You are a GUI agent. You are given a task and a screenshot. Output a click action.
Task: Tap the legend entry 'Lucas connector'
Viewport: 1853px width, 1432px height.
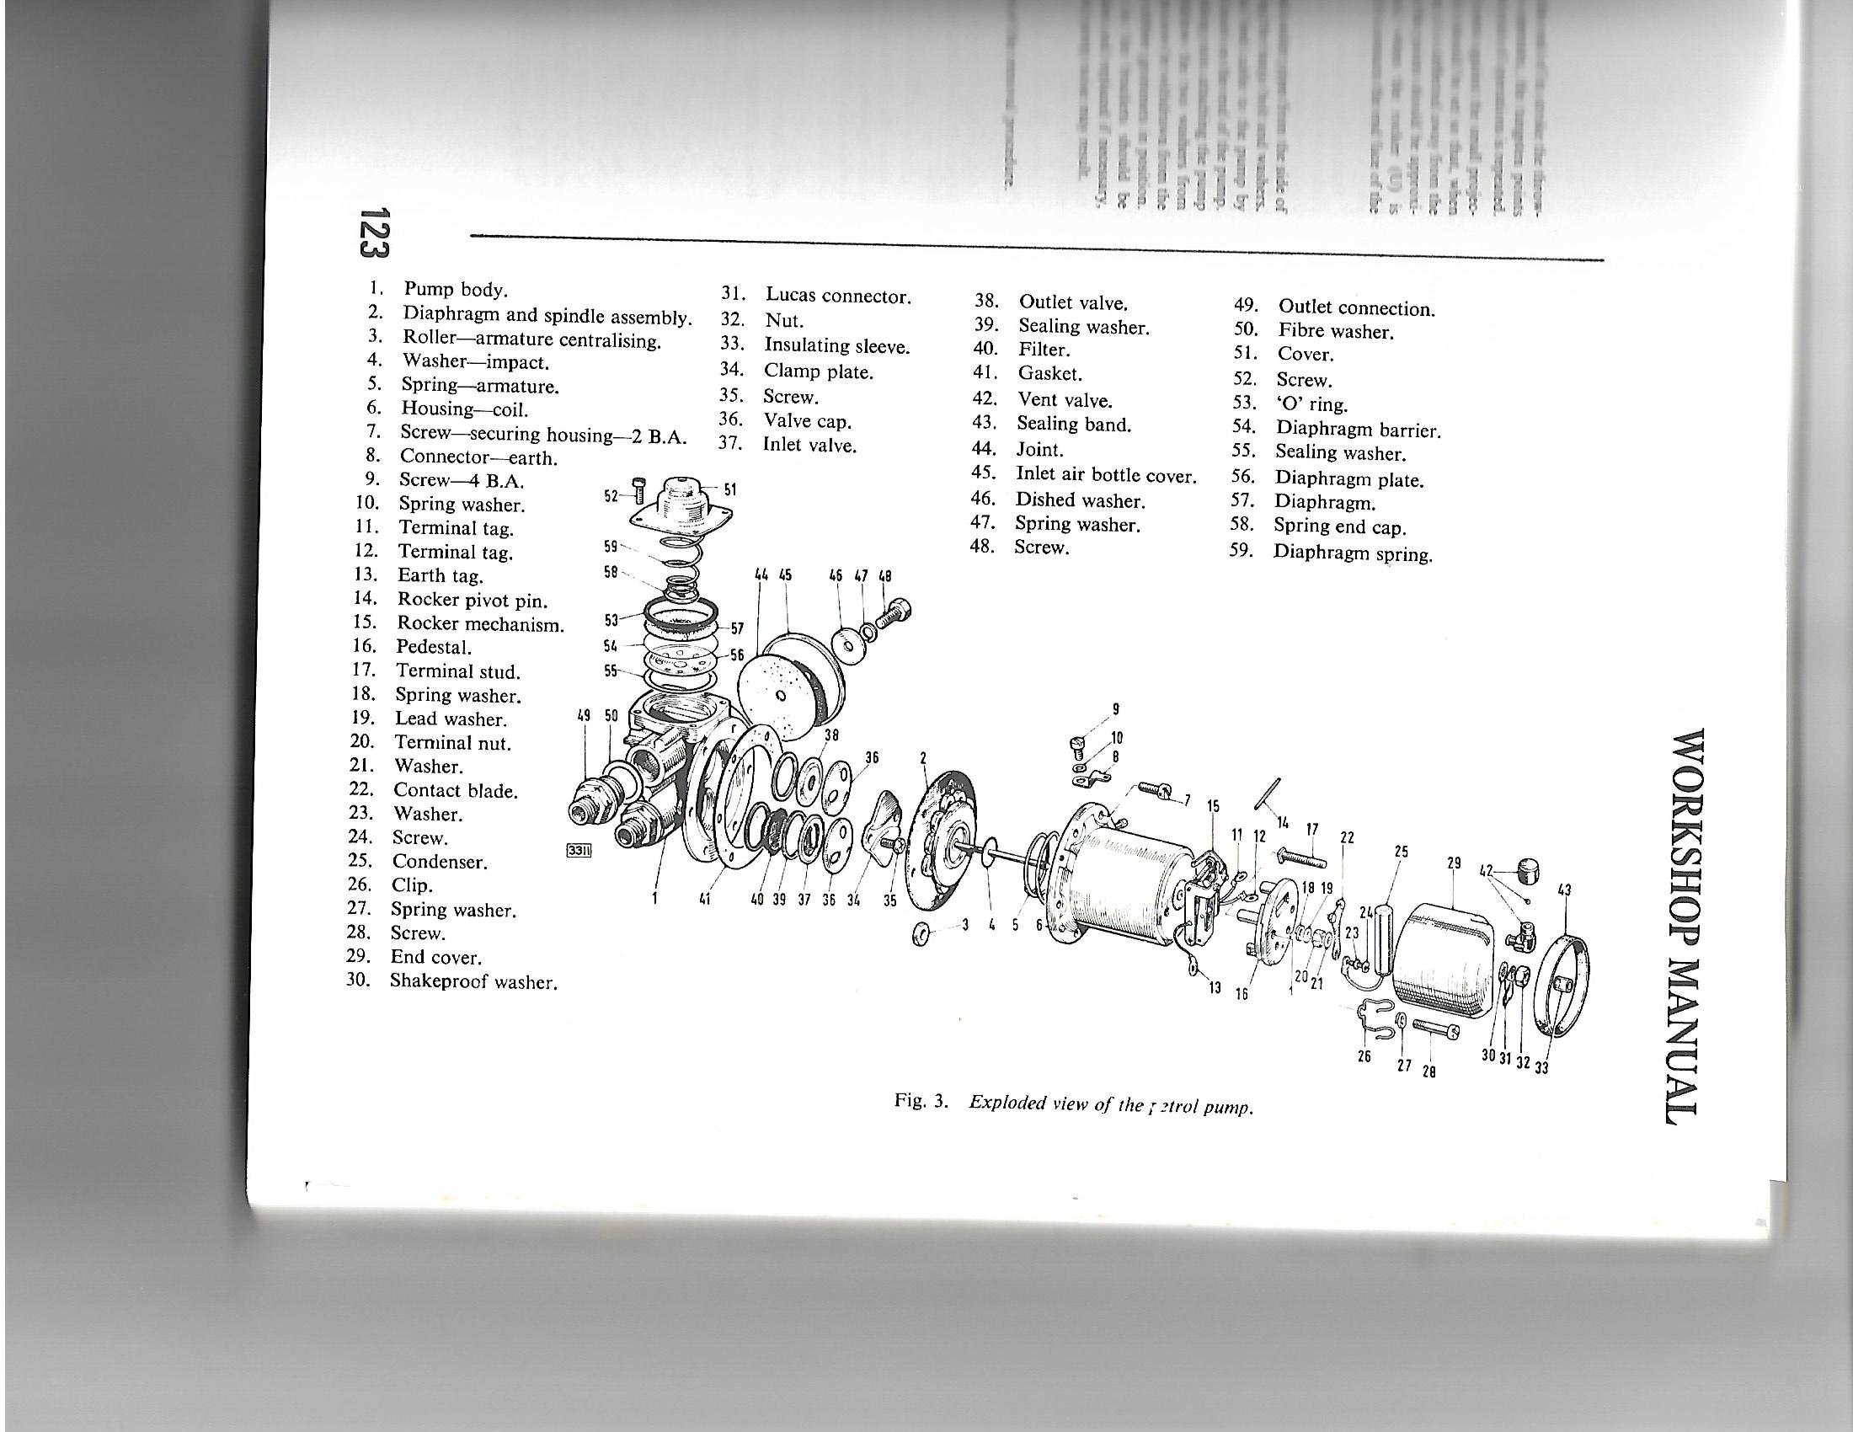(x=837, y=296)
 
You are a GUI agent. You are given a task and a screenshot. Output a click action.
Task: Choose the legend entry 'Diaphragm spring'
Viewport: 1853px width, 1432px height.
(x=1353, y=554)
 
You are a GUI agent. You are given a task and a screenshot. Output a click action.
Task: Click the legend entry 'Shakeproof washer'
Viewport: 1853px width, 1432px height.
(x=473, y=982)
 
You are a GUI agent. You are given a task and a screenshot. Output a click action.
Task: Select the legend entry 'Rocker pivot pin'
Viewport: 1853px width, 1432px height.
(x=472, y=601)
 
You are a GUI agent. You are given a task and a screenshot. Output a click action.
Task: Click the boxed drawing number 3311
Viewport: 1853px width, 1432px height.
(x=579, y=851)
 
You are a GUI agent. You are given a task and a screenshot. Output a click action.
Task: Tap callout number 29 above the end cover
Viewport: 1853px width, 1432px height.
(x=1454, y=863)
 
